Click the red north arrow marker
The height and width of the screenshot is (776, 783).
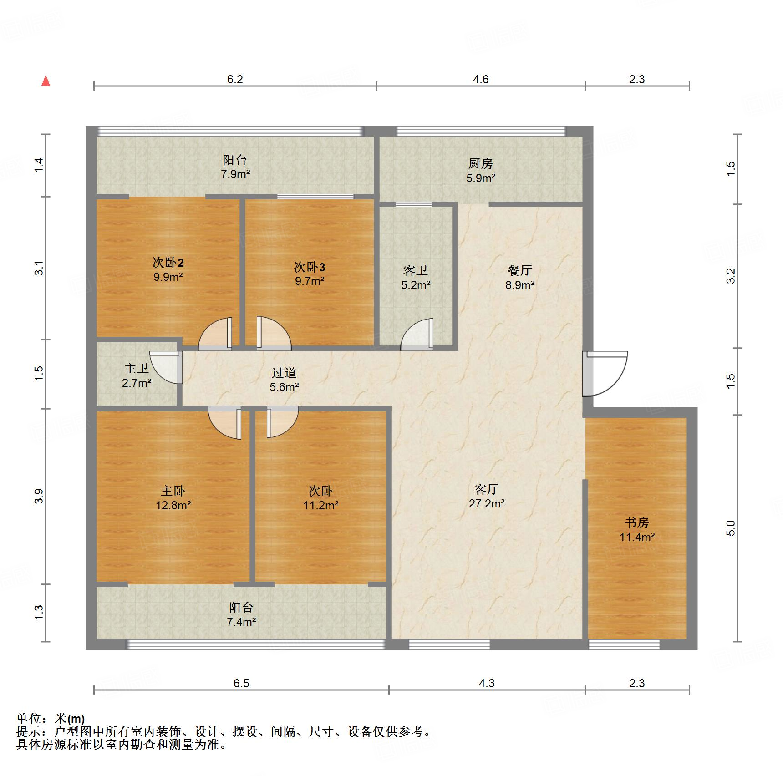[x=46, y=81]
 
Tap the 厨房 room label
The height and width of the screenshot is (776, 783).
[x=480, y=163]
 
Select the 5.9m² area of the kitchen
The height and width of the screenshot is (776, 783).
[x=480, y=178]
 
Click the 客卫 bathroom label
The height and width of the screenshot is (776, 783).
[x=415, y=271]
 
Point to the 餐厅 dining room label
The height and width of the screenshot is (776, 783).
[x=519, y=271]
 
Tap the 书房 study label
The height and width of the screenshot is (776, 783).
[x=636, y=522]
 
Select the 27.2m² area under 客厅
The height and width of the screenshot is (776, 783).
[x=486, y=504]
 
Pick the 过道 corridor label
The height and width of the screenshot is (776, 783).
[x=284, y=373]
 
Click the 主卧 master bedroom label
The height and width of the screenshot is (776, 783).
[x=173, y=491]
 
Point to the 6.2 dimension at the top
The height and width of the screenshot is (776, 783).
[x=235, y=80]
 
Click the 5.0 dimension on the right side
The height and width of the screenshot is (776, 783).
[x=730, y=528]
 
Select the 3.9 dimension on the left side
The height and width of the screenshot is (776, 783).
[x=39, y=496]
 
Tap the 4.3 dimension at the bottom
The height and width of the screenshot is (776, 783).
[x=486, y=683]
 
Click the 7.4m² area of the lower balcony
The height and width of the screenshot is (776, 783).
[x=241, y=622]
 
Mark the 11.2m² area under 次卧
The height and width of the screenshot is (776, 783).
[x=320, y=505]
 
